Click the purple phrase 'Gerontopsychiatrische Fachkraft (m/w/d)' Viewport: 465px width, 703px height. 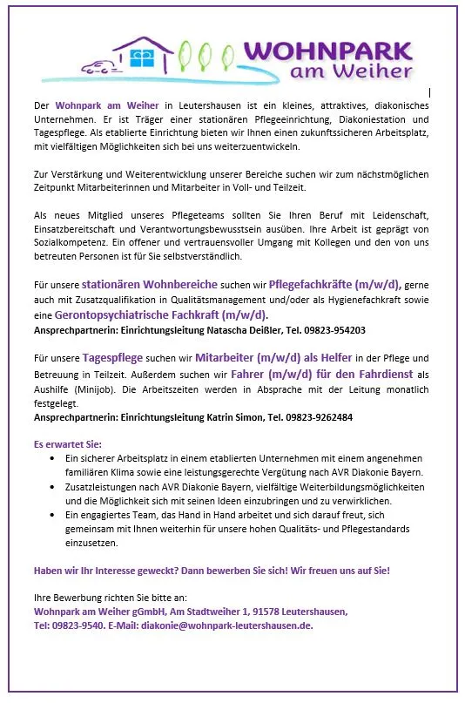(160, 314)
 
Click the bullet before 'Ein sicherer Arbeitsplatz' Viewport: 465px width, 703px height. (56, 457)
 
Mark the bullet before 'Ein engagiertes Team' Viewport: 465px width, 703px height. (56, 515)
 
